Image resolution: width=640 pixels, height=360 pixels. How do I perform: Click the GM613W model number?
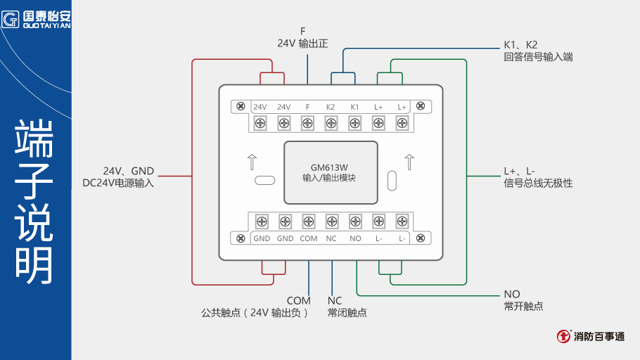click(x=330, y=167)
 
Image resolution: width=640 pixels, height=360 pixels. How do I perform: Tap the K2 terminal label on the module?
click(x=331, y=107)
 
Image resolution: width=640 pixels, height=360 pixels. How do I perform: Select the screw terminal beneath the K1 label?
click(x=354, y=123)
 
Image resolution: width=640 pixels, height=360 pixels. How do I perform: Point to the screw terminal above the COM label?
click(x=308, y=221)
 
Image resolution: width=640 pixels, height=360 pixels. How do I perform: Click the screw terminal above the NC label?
click(x=331, y=221)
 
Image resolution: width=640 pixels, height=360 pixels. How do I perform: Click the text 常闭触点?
click(x=347, y=313)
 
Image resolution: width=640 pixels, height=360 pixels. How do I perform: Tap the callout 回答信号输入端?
click(x=538, y=57)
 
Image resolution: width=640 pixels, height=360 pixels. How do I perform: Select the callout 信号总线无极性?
click(x=538, y=184)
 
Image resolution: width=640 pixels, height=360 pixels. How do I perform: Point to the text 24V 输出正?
click(x=302, y=44)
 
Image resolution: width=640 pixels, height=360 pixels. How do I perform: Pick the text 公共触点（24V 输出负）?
click(x=255, y=313)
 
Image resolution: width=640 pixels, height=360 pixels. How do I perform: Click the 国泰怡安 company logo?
click(x=36, y=18)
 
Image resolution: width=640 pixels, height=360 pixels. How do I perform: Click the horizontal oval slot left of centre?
click(x=264, y=180)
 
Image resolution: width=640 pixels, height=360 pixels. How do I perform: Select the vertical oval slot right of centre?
click(x=392, y=179)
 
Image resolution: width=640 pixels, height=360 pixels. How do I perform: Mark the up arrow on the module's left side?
click(x=252, y=162)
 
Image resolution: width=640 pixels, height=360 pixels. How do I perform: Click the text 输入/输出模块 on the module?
click(x=330, y=179)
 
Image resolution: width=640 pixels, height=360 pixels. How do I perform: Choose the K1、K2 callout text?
click(x=520, y=44)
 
